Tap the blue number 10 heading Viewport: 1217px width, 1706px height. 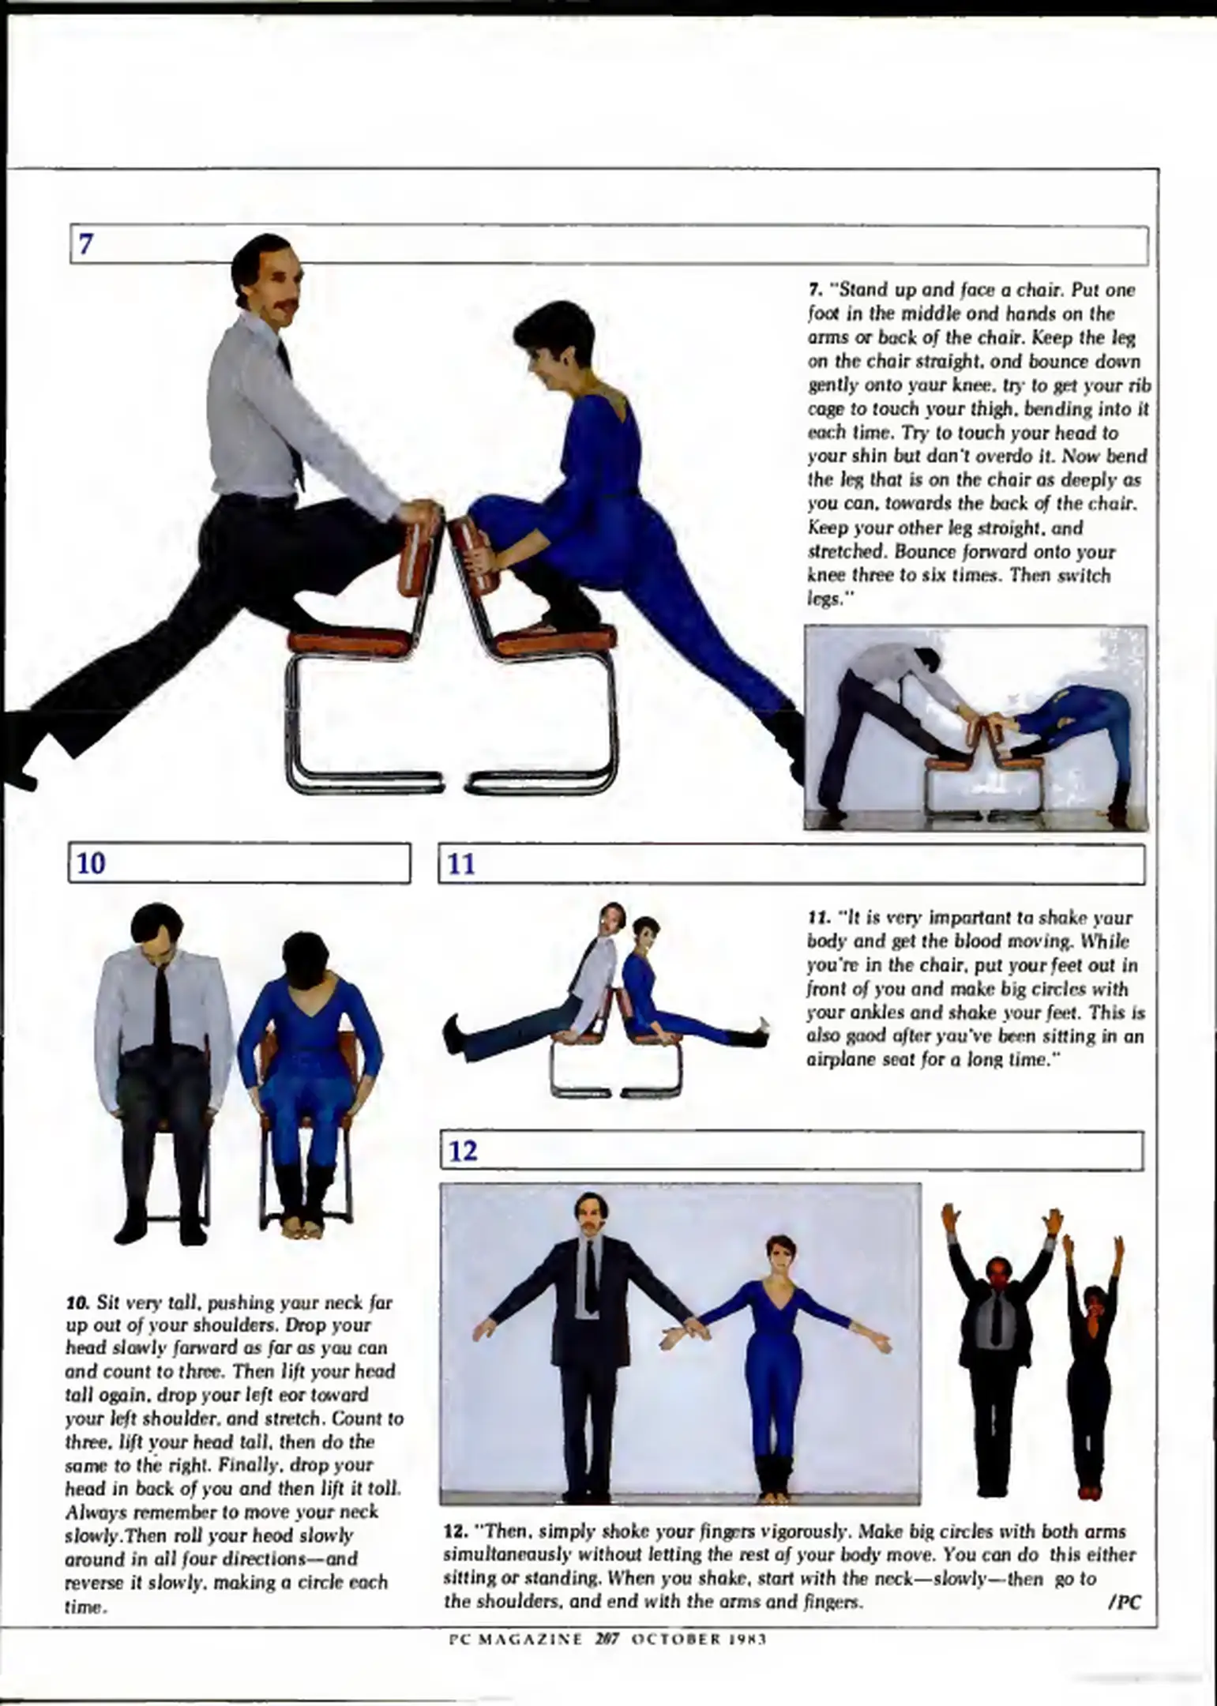pyautogui.click(x=92, y=863)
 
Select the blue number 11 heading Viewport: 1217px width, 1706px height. pyautogui.click(x=462, y=864)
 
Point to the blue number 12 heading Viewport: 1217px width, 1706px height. pyautogui.click(x=463, y=1152)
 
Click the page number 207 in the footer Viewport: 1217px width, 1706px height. pyautogui.click(x=607, y=1639)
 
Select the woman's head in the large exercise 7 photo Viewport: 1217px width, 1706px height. pyautogui.click(x=553, y=340)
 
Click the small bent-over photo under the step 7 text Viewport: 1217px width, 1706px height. pyautogui.click(x=975, y=727)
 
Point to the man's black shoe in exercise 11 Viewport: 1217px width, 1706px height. pyautogui.click(x=453, y=1032)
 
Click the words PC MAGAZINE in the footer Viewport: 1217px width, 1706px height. pyautogui.click(x=515, y=1639)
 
